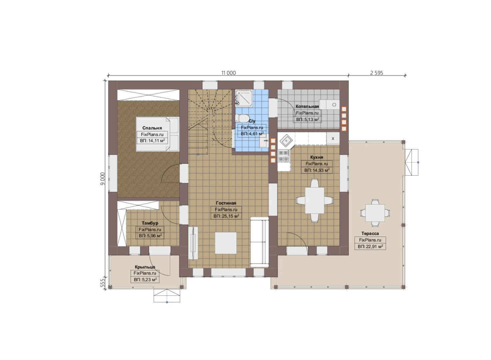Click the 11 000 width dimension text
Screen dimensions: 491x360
coord(229,73)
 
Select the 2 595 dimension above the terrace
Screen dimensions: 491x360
coord(377,73)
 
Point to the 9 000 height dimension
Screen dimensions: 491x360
coord(103,179)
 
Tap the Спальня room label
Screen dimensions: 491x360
coord(152,128)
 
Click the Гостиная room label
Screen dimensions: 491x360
coord(226,203)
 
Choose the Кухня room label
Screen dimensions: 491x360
coord(316,157)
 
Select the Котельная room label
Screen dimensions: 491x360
coord(307,106)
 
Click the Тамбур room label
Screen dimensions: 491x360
coord(150,223)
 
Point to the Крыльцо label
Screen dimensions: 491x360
coord(145,267)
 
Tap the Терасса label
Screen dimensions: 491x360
coord(370,233)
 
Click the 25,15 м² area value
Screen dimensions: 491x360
coord(226,216)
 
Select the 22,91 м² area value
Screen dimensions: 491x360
coord(370,247)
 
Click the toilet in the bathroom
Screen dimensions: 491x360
coord(242,118)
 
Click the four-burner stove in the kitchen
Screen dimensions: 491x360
coord(284,156)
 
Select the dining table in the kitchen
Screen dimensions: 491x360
coord(315,200)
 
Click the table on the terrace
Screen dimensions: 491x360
coord(375,213)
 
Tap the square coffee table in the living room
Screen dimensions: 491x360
coord(226,243)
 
